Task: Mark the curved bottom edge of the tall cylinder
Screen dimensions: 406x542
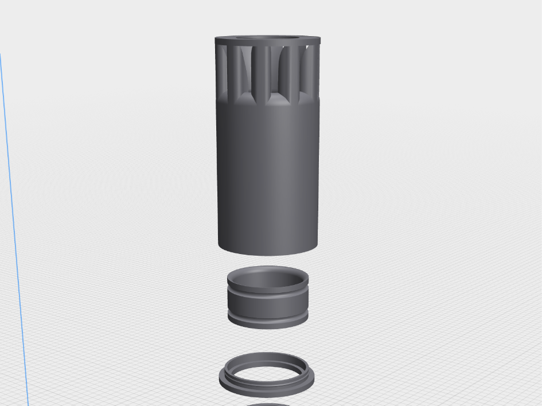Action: pyautogui.click(x=267, y=253)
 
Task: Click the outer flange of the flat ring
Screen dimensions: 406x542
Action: pyautogui.click(x=267, y=390)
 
